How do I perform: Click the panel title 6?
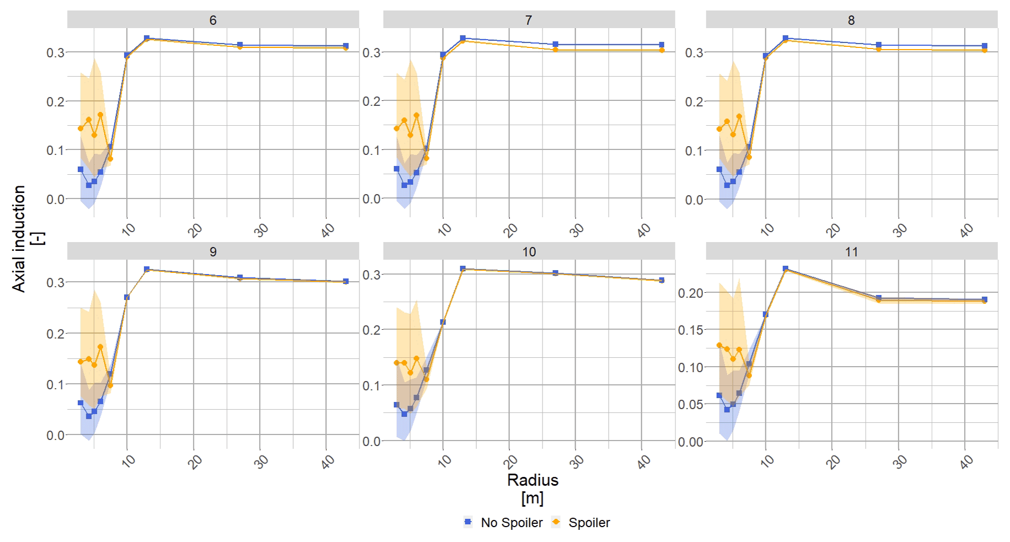click(x=213, y=20)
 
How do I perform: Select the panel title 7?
click(x=529, y=20)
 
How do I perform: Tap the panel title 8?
click(x=851, y=20)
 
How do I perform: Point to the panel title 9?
click(x=213, y=252)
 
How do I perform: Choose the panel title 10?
click(x=529, y=252)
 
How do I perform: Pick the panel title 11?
click(x=851, y=252)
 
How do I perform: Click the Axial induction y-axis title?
click(x=19, y=238)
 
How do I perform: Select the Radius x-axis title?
click(x=533, y=480)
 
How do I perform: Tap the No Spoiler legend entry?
click(x=511, y=523)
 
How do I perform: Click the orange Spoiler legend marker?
click(x=556, y=522)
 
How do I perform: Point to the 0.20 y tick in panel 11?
click(x=690, y=293)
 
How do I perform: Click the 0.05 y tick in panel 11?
click(x=690, y=405)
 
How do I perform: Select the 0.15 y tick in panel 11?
click(x=690, y=330)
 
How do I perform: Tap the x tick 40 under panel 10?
click(x=643, y=462)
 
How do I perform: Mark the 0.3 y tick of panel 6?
click(x=55, y=53)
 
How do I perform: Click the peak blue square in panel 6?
click(x=147, y=38)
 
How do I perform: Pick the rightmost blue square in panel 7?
click(x=662, y=45)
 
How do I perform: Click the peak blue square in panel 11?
click(x=786, y=269)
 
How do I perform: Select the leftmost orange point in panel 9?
click(x=80, y=362)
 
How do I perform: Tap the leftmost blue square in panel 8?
click(x=719, y=169)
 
